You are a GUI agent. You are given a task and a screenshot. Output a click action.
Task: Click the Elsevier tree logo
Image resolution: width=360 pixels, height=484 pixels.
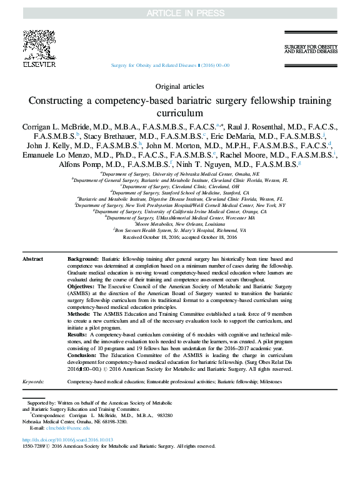pyautogui.click(x=39, y=44)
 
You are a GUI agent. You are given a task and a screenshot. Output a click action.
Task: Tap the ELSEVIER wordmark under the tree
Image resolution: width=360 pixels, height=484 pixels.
pyautogui.click(x=39, y=64)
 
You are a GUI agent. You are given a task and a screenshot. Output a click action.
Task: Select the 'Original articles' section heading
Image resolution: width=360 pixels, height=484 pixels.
pyautogui.click(x=179, y=87)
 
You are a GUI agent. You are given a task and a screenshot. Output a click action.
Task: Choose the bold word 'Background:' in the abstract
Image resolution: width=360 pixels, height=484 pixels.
pyautogui.click(x=83, y=258)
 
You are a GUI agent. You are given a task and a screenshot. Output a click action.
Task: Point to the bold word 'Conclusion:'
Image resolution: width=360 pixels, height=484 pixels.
pyautogui.click(x=83, y=354)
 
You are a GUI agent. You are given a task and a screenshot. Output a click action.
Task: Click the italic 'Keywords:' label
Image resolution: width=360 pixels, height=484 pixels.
pyautogui.click(x=33, y=381)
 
